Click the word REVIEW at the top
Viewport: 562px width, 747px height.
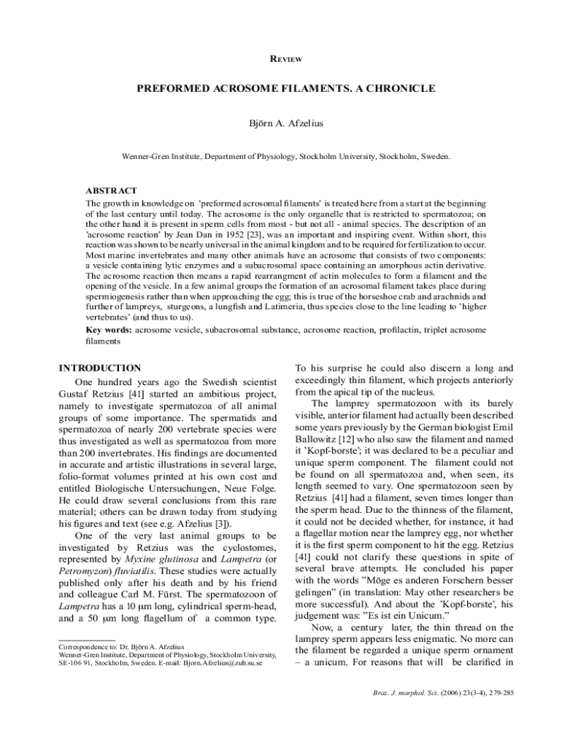pos(281,59)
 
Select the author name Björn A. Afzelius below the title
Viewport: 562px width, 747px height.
pos(281,123)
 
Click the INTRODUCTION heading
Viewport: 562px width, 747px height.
pos(100,368)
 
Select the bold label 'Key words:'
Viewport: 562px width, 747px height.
pos(109,330)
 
